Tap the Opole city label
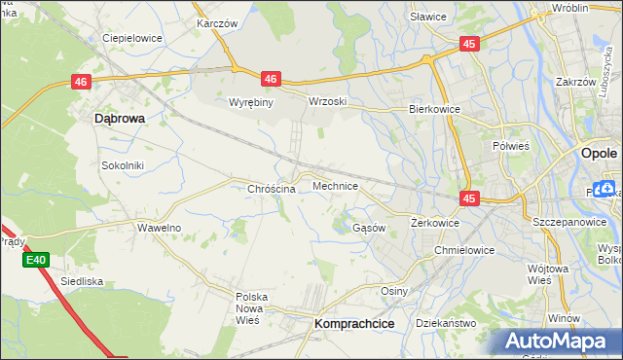(598, 153)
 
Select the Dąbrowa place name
(120, 118)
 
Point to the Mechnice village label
(336, 185)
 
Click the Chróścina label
(272, 189)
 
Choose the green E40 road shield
(36, 260)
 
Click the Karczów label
(218, 22)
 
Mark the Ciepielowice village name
(132, 39)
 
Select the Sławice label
(427, 17)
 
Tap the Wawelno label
(159, 228)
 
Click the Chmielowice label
(464, 250)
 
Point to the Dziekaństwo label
(445, 322)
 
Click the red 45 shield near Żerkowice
(470, 198)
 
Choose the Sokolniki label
(123, 165)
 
